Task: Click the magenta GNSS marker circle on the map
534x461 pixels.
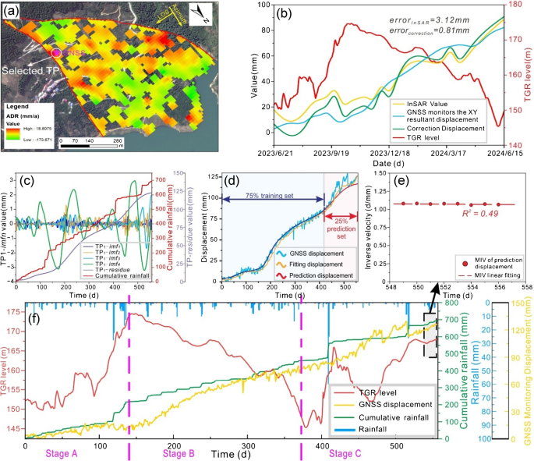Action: (x=57, y=53)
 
